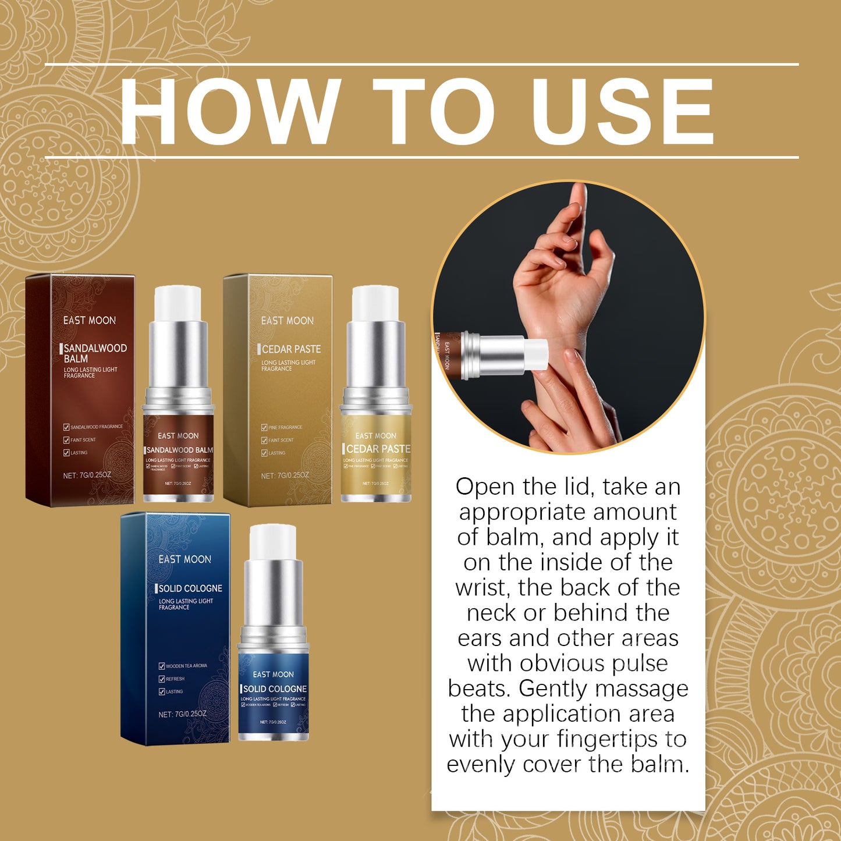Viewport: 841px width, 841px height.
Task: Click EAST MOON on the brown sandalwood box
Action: (90, 321)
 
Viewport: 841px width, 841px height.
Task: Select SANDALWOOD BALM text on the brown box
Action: (95, 353)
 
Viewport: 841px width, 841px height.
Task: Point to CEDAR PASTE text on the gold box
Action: (291, 349)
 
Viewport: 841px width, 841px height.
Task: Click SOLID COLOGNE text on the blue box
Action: (190, 588)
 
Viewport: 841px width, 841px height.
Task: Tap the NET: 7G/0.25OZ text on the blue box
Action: (182, 714)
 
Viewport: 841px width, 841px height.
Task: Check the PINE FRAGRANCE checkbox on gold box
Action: (264, 427)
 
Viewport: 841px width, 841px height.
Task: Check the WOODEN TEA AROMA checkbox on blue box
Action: (162, 666)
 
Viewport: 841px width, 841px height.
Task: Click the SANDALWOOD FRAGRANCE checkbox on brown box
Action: (66, 427)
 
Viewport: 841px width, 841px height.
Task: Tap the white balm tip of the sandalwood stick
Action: (178, 303)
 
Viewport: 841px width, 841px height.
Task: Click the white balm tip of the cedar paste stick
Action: (375, 303)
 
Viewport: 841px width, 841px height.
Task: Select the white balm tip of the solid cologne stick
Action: (273, 541)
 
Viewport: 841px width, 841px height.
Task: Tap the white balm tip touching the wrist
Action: (535, 354)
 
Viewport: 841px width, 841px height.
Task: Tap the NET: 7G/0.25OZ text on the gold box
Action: (285, 475)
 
